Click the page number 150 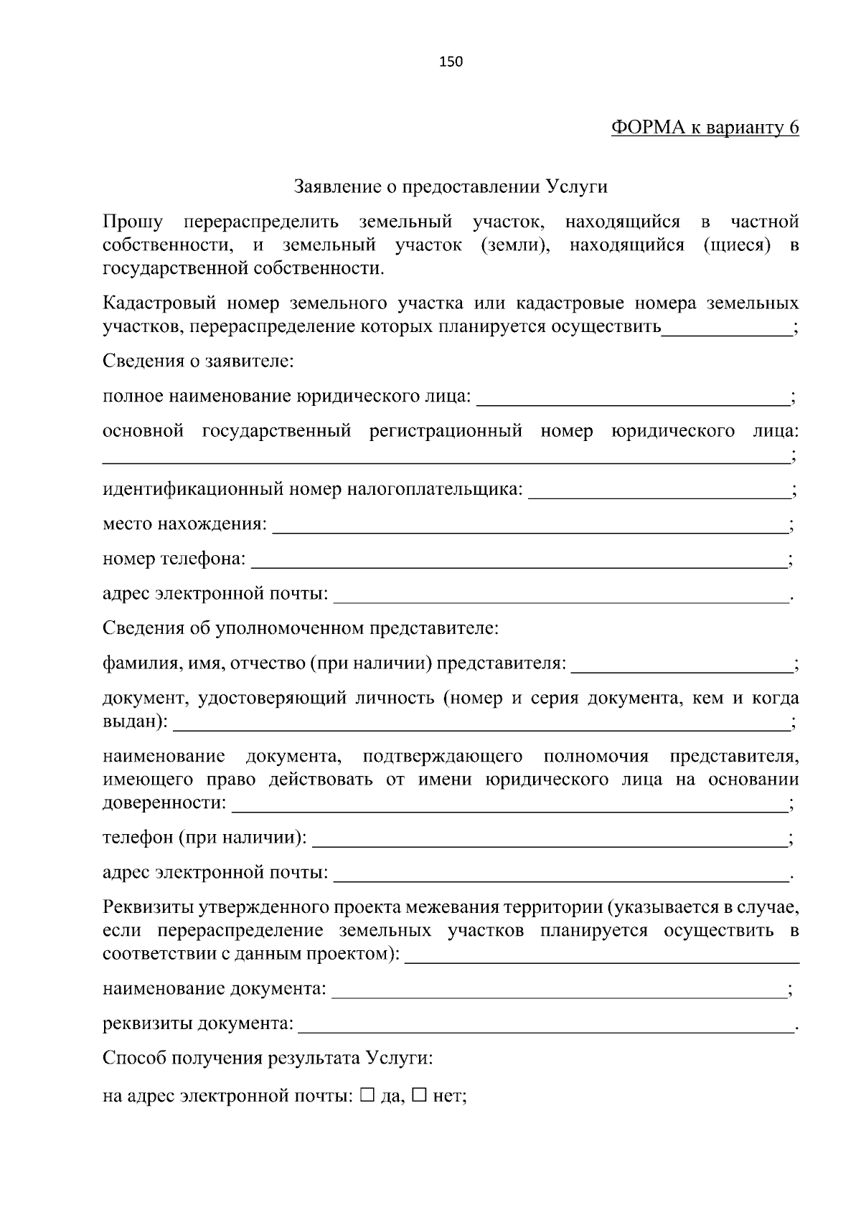point(451,62)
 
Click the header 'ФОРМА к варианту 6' point(705,128)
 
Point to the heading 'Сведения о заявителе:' point(198,361)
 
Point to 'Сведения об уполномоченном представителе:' point(300,629)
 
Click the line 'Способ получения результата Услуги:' point(267,1059)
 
